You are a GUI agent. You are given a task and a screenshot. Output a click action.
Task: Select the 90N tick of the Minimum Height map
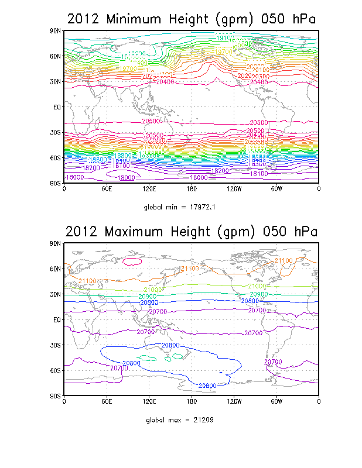click(56, 30)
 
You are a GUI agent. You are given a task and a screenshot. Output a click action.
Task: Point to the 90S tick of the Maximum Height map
click(56, 396)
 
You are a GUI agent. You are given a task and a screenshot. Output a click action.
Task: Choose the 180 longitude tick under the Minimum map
click(191, 190)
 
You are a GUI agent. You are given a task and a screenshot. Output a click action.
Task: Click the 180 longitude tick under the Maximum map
click(191, 402)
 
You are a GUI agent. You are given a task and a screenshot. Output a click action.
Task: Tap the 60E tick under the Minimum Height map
click(106, 190)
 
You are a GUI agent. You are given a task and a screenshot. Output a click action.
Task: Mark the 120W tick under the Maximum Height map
click(234, 402)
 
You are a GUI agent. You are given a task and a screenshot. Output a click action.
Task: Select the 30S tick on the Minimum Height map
click(56, 133)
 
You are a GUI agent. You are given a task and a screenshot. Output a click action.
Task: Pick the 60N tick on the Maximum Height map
click(56, 269)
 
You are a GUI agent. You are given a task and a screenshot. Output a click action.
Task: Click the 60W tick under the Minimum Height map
click(276, 190)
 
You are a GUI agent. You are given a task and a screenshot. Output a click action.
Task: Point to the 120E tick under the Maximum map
click(149, 402)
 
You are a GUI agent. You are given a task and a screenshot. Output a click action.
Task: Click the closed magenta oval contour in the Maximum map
click(134, 261)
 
